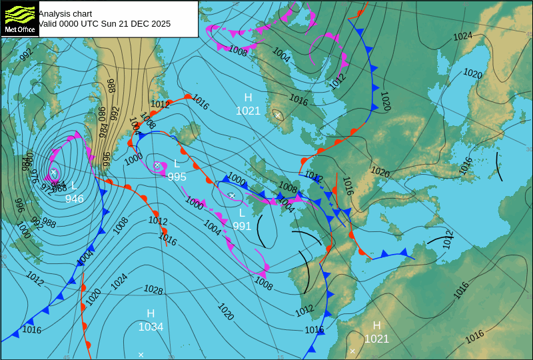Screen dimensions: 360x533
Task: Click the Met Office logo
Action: pyautogui.click(x=19, y=18)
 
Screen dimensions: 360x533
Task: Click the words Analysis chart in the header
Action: pyautogui.click(x=65, y=13)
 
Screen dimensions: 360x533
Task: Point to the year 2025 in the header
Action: pyautogui.click(x=160, y=23)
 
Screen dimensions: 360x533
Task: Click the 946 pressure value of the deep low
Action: pyautogui.click(x=74, y=199)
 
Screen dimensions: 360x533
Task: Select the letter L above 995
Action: pyautogui.click(x=177, y=163)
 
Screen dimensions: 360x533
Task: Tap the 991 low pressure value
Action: pyautogui.click(x=242, y=226)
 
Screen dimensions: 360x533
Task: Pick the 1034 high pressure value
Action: pyautogui.click(x=151, y=327)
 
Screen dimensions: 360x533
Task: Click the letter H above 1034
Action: pyautogui.click(x=151, y=313)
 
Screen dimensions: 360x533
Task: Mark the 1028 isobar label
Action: pyautogui.click(x=153, y=289)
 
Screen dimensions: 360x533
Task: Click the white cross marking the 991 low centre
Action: pyautogui.click(x=231, y=195)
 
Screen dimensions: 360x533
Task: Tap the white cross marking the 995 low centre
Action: pyautogui.click(x=157, y=165)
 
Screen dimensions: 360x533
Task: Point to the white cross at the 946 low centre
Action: pyautogui.click(x=53, y=172)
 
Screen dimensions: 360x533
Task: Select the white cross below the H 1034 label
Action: pyautogui.click(x=141, y=355)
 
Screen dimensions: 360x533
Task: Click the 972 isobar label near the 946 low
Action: pyautogui.click(x=46, y=186)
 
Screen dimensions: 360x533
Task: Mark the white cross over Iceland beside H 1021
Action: pyautogui.click(x=278, y=115)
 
